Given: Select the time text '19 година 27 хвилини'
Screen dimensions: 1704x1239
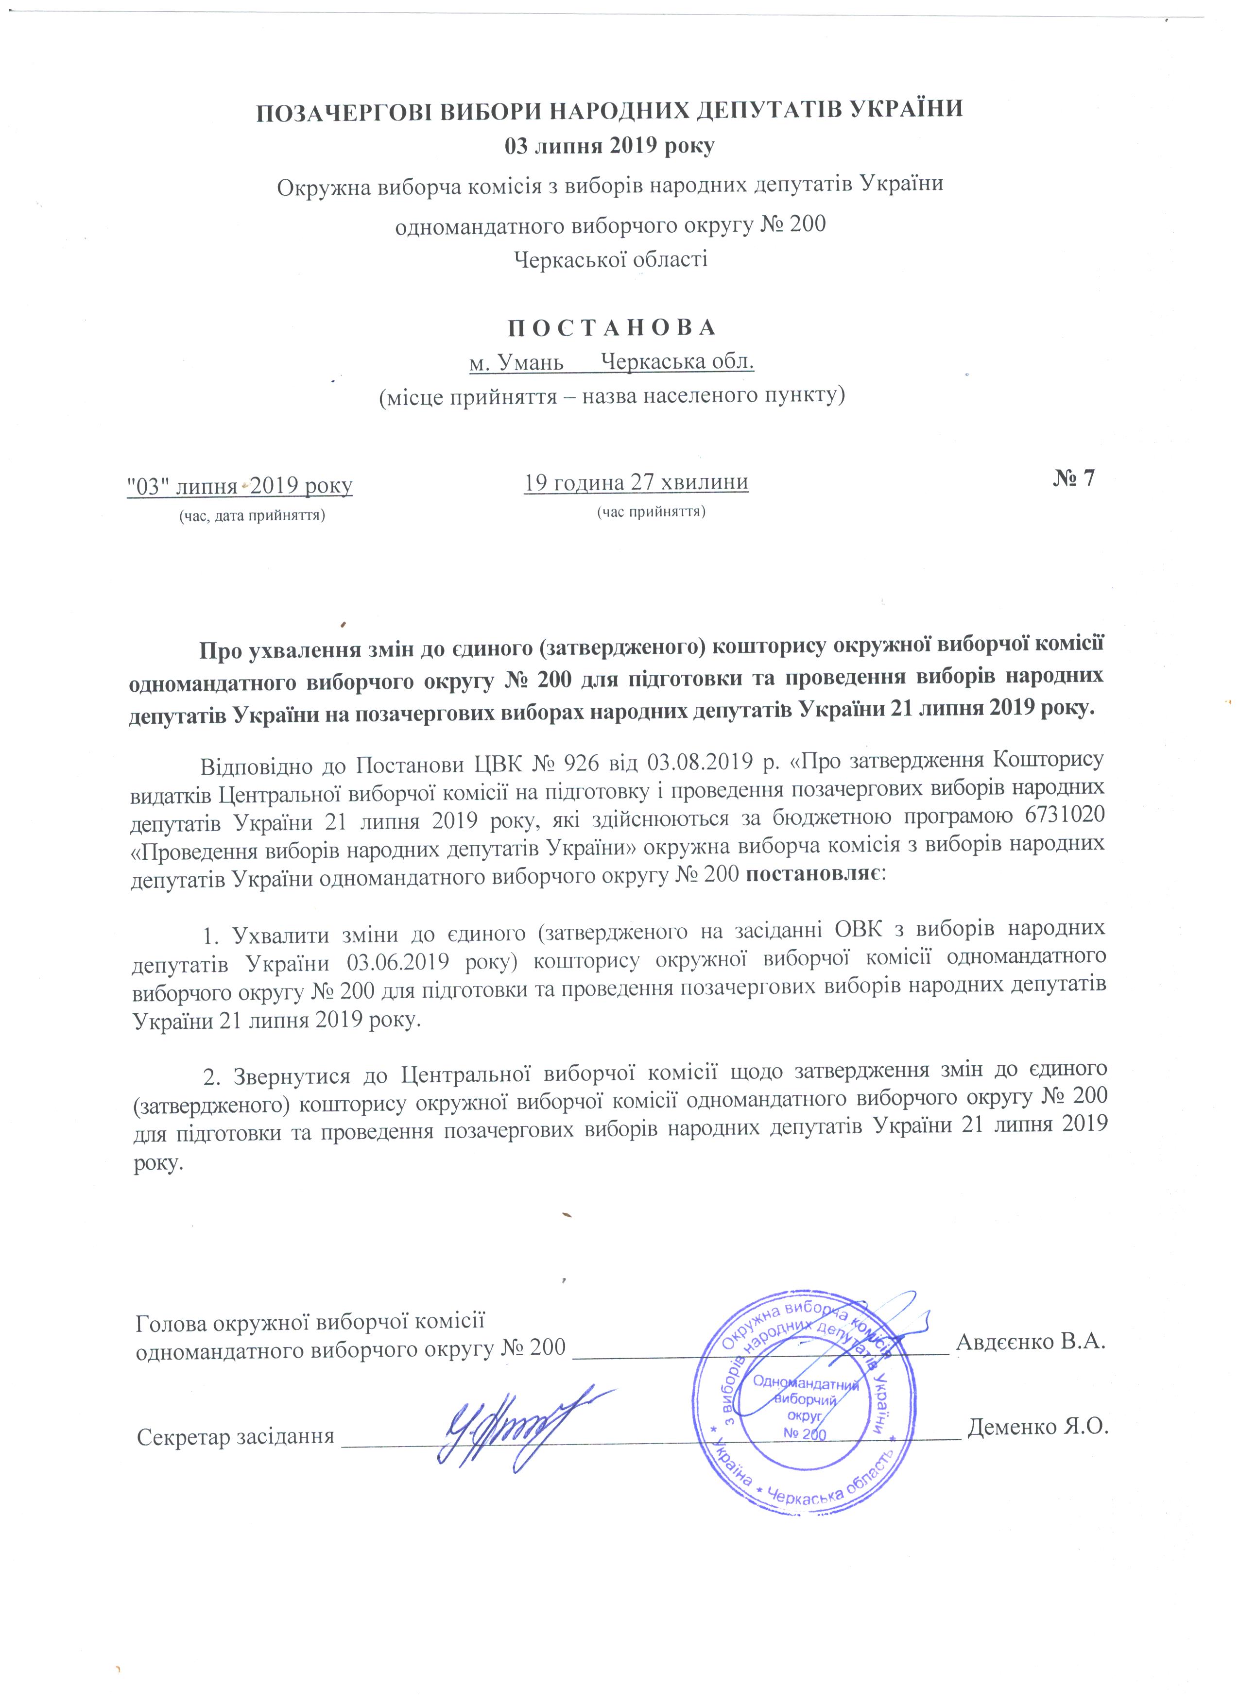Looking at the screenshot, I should [x=636, y=481].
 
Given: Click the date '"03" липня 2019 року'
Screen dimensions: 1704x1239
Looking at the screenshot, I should [x=240, y=485].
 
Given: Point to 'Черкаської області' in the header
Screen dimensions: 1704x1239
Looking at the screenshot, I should [x=610, y=260].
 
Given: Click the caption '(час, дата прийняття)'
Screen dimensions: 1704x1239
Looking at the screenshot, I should [x=251, y=515].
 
